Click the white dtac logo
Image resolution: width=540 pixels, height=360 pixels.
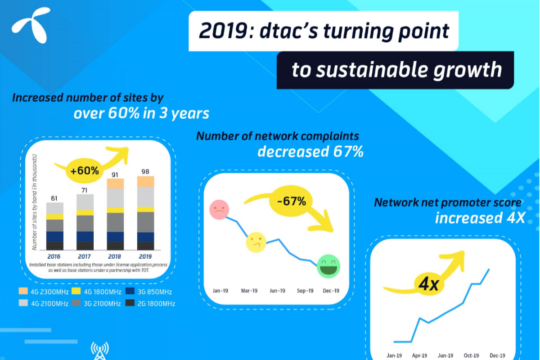point(31,25)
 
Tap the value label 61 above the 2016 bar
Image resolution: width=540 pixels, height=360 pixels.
point(54,198)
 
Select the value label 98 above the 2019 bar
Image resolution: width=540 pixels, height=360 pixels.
point(145,171)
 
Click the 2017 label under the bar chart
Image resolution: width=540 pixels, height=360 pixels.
point(85,256)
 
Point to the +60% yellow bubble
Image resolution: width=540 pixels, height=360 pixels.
point(85,171)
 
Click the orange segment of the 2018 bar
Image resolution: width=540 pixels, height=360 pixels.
point(115,184)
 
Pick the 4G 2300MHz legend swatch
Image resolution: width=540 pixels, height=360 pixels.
point(23,291)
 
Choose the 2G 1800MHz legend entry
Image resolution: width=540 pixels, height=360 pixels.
point(150,303)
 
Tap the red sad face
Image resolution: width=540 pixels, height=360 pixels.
point(219,210)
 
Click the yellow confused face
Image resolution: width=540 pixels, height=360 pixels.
point(256,242)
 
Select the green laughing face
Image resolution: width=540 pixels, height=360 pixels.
point(328,266)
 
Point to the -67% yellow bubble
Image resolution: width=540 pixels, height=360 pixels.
point(291,201)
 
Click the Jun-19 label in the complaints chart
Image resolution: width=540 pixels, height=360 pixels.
point(277,291)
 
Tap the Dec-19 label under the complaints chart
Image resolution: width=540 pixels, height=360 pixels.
point(331,291)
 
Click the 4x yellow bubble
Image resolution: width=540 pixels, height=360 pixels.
point(428,284)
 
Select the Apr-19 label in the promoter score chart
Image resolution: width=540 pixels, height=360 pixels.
point(419,355)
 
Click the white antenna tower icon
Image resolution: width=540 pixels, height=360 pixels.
point(100,351)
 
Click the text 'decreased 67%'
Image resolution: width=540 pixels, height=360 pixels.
point(310,152)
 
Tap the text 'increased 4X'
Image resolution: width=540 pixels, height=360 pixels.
point(480,217)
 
